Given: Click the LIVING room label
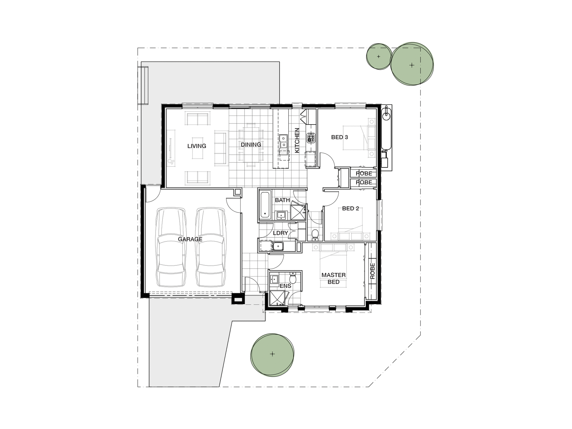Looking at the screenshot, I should coord(197,146).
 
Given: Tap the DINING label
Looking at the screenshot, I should coord(251,144).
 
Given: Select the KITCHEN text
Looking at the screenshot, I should coord(297,140).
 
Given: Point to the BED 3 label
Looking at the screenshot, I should coord(340,137).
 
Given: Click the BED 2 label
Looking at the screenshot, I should coord(350,209).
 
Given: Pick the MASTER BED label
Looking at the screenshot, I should coord(333,278).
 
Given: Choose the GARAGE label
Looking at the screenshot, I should coord(190,239).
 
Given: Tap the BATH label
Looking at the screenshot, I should coord(282,200).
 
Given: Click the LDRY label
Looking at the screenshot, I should coord(280,233).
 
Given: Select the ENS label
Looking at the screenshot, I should coord(285,286).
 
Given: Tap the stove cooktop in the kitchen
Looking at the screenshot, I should coord(311,138).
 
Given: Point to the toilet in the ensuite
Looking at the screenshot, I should coord(293,279).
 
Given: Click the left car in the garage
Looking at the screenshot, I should coord(171,247).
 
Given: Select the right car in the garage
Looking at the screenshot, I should coord(210,247).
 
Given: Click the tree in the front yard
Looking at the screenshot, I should coord(272,354).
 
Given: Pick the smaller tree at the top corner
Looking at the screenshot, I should coord(378,57).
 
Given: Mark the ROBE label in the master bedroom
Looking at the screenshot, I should coord(372,271).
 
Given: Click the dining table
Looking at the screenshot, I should coord(251,145).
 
